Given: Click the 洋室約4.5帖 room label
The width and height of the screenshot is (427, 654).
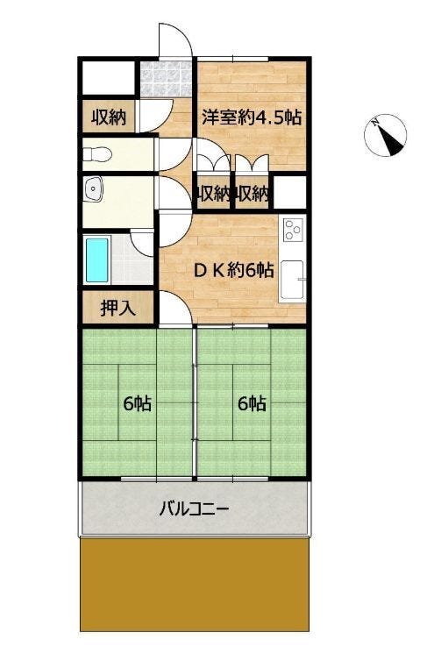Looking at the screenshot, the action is pyautogui.click(x=252, y=118).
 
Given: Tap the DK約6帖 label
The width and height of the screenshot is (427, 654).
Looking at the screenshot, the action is pyautogui.click(x=234, y=271).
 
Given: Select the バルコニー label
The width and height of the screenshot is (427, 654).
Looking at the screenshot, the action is pyautogui.click(x=195, y=509).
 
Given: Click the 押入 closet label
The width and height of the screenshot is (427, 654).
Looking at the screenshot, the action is pyautogui.click(x=118, y=309).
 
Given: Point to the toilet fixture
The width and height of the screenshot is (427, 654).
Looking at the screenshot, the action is pyautogui.click(x=96, y=154).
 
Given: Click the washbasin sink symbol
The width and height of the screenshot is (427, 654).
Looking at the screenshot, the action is pyautogui.click(x=93, y=189).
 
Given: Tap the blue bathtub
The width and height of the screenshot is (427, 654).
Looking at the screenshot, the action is pyautogui.click(x=97, y=259).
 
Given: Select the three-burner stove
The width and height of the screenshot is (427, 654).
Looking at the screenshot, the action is pyautogui.click(x=294, y=230).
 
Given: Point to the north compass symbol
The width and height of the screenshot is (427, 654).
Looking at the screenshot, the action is pyautogui.click(x=385, y=135).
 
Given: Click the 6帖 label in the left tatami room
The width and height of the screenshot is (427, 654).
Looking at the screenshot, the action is pyautogui.click(x=137, y=404).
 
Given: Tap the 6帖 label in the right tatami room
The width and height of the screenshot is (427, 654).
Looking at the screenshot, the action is pyautogui.click(x=252, y=404).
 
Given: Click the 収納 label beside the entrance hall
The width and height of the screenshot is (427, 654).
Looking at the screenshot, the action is pyautogui.click(x=109, y=118).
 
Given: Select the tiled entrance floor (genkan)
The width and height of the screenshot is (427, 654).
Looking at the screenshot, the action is pyautogui.click(x=166, y=79).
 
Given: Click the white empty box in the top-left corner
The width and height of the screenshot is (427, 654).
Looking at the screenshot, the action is pyautogui.click(x=109, y=78).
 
